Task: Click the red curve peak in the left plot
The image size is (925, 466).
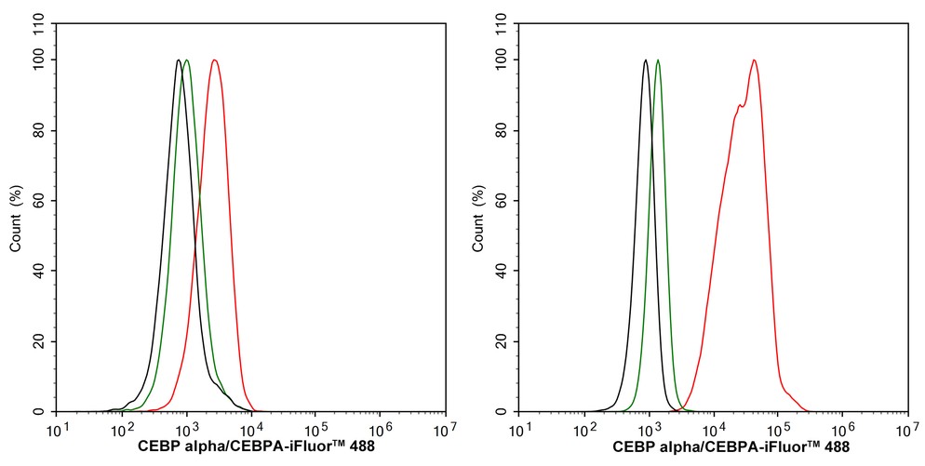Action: (x=215, y=60)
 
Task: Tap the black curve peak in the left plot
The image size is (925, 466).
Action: (x=178, y=60)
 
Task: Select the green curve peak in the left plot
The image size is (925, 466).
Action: (x=187, y=60)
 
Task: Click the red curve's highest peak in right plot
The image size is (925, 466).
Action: (x=754, y=60)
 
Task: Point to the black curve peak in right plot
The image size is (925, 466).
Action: (x=645, y=60)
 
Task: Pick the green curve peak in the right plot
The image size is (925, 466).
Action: (x=658, y=60)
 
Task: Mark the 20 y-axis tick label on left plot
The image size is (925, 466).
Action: (x=38, y=341)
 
